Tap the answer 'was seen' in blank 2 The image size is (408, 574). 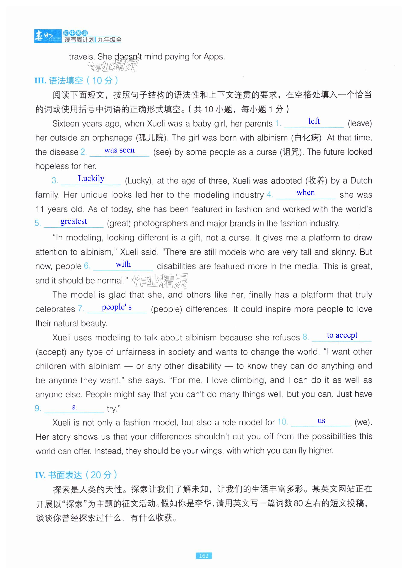pyautogui.click(x=119, y=150)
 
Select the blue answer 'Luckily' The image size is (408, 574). pyautogui.click(x=91, y=179)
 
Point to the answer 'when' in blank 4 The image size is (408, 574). pyautogui.click(x=306, y=192)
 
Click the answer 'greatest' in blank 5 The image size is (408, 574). pyautogui.click(x=74, y=221)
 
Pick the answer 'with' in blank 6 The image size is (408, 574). pyautogui.click(x=123, y=264)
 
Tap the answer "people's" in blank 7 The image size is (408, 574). pyautogui.click(x=117, y=307)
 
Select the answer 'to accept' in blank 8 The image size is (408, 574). pyautogui.click(x=342, y=335)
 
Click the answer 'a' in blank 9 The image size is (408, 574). pyautogui.click(x=74, y=407)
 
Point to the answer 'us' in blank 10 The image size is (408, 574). pyautogui.click(x=321, y=421)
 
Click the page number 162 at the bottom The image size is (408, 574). pyautogui.click(x=204, y=563)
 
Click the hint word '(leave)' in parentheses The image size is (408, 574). pyautogui.click(x=360, y=123)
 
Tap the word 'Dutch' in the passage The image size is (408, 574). pyautogui.click(x=361, y=180)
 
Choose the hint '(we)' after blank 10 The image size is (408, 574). pyautogui.click(x=363, y=422)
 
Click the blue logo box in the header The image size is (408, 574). pyautogui.click(x=48, y=36)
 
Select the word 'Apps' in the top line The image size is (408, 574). pyautogui.click(x=213, y=57)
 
